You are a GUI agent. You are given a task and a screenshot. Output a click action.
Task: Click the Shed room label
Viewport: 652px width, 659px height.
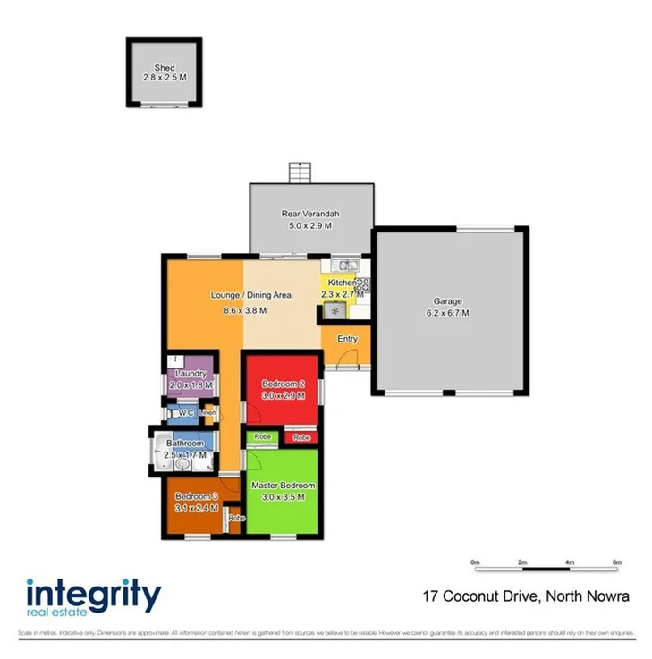point(164,68)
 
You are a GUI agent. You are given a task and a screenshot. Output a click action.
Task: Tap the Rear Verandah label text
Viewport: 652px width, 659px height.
point(310,214)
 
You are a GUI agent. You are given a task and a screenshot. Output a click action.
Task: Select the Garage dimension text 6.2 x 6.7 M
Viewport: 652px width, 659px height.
point(446,313)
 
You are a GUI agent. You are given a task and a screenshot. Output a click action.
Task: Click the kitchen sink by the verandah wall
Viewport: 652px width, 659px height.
point(344,265)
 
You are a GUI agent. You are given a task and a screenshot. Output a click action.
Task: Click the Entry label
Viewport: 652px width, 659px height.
point(347,339)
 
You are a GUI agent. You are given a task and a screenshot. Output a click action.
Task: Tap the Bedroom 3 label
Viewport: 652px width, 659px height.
point(196,496)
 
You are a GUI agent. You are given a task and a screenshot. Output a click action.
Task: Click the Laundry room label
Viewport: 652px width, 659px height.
point(191,374)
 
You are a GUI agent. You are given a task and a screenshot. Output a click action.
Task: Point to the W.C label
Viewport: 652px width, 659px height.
point(186,413)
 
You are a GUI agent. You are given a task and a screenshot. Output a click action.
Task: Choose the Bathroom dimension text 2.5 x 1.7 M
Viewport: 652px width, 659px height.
point(184,455)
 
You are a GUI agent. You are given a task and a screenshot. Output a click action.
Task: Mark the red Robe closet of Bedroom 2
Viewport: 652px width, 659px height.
point(301,438)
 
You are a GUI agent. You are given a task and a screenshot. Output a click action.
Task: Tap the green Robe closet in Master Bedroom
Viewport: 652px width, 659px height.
point(263,436)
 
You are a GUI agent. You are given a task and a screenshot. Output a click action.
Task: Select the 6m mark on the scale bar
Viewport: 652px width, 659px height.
point(615,562)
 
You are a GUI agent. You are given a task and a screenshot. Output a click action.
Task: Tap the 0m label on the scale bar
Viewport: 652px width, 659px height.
point(476,562)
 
